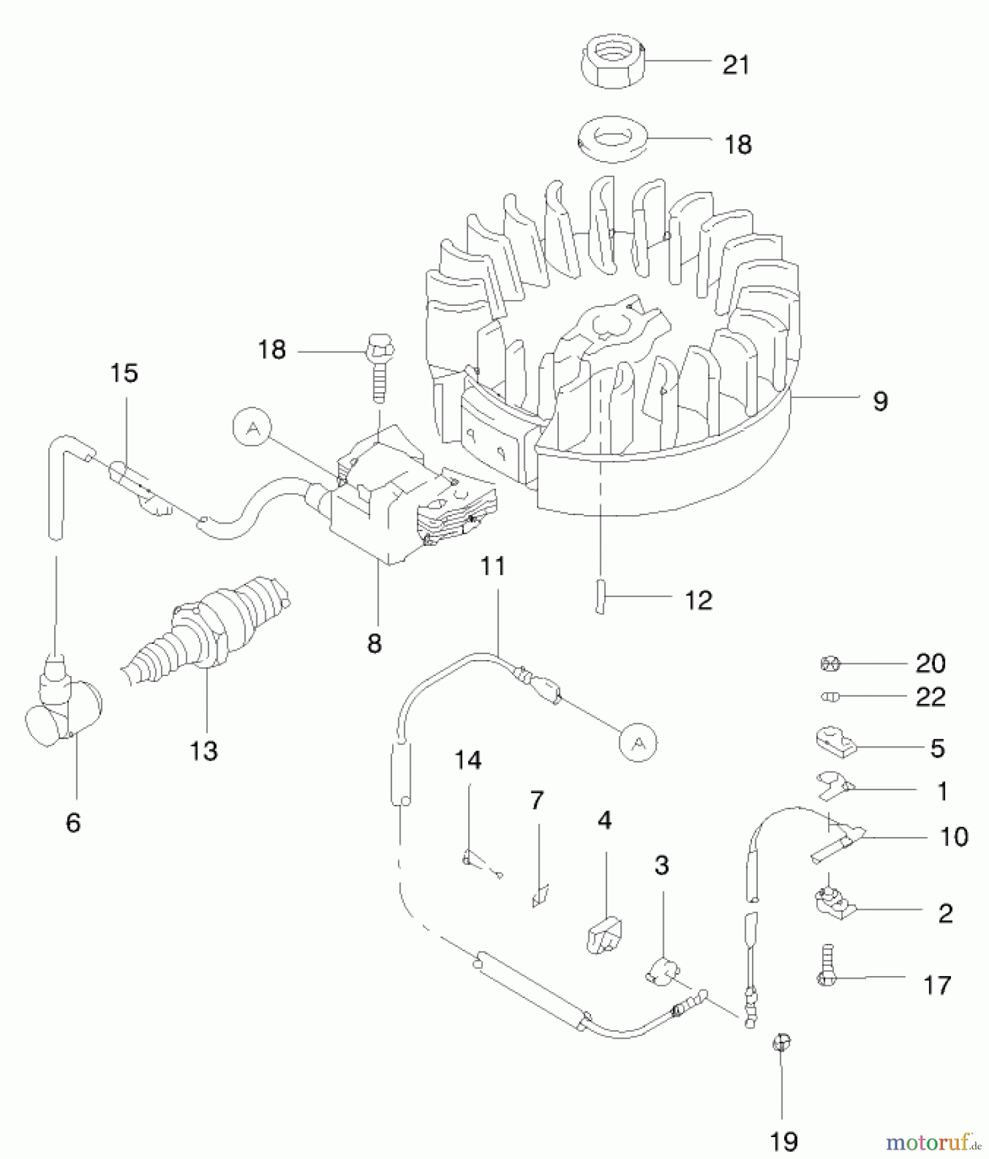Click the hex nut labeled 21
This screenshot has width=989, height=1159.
612,62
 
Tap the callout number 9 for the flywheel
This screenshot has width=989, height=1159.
880,401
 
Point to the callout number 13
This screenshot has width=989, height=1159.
203,751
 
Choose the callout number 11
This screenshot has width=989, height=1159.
493,567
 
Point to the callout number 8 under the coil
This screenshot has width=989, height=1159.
374,643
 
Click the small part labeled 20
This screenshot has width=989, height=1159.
831,663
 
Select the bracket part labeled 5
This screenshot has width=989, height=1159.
834,741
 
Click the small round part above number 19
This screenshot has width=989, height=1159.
781,1042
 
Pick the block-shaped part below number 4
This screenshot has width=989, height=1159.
604,935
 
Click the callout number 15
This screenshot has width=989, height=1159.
124,373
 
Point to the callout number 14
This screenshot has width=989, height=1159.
468,760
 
